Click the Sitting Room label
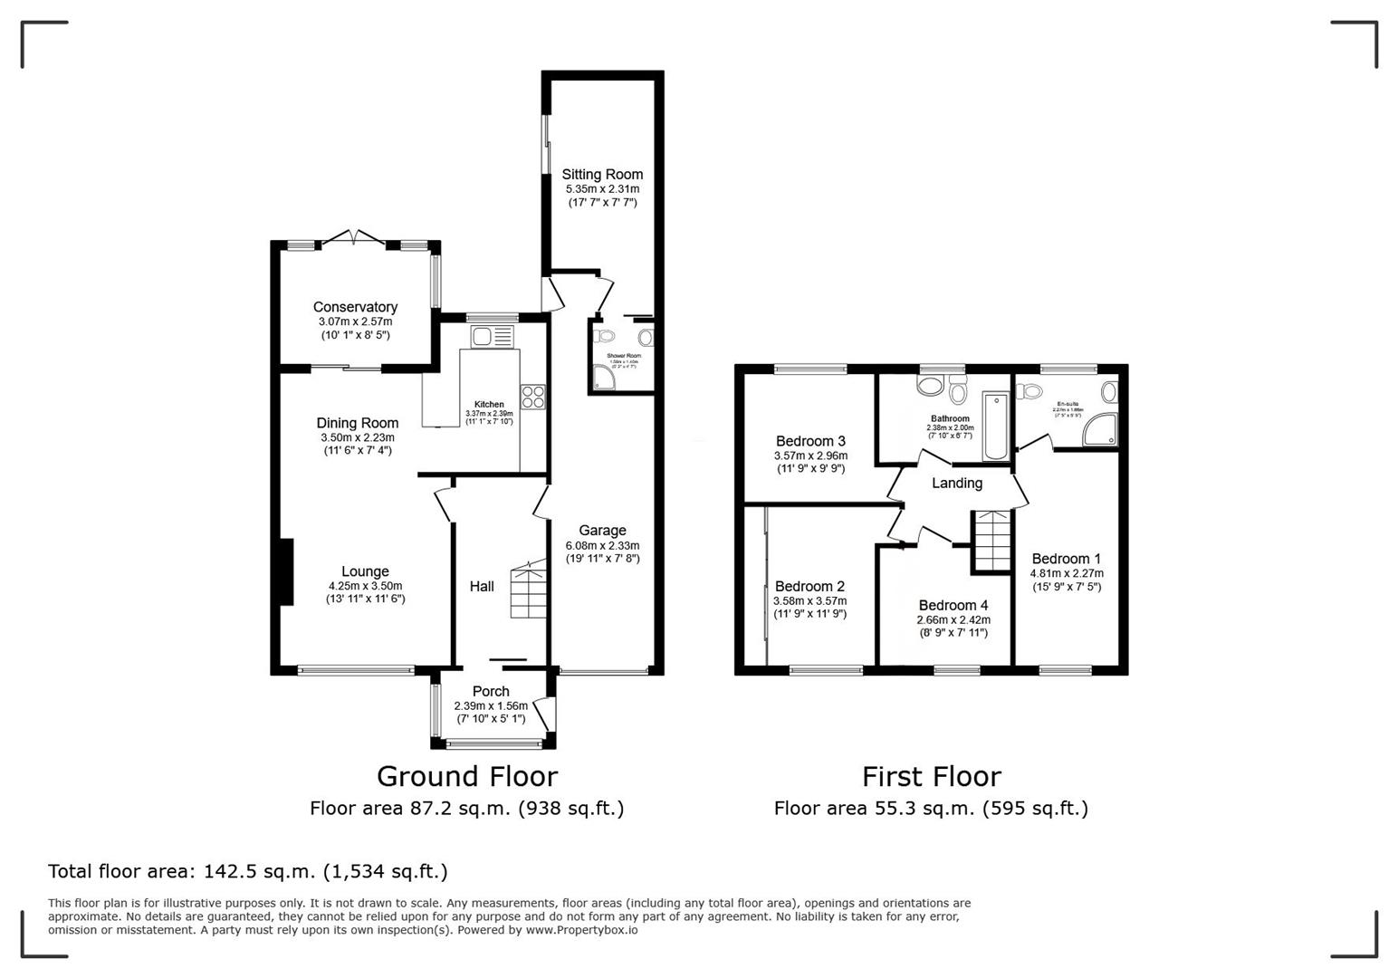(x=602, y=175)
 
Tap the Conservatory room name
(x=355, y=307)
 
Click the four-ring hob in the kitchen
(x=533, y=397)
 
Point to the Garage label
(x=602, y=531)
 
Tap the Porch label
(x=491, y=692)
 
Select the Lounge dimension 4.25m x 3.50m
(x=365, y=586)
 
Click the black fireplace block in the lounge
(x=285, y=571)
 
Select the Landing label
(x=957, y=484)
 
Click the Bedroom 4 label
(x=953, y=606)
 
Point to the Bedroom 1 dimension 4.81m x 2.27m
(x=1066, y=573)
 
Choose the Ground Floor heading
(x=466, y=776)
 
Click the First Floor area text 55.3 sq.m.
(x=930, y=808)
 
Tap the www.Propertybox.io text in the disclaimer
(x=581, y=930)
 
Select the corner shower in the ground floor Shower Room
(x=604, y=379)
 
